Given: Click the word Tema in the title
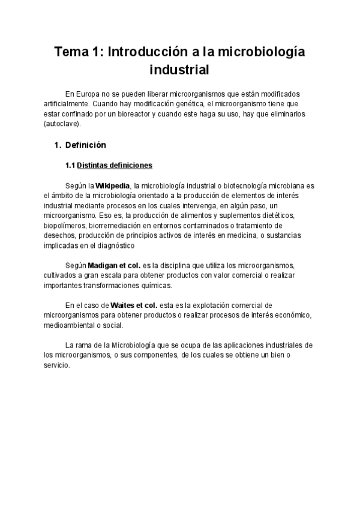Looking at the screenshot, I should [71, 52].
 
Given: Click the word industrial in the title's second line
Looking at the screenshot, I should [179, 70].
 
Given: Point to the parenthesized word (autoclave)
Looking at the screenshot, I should [62, 124].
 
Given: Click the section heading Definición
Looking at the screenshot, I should [85, 145].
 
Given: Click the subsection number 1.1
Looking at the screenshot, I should [70, 165].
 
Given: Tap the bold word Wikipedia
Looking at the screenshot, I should [113, 186].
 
